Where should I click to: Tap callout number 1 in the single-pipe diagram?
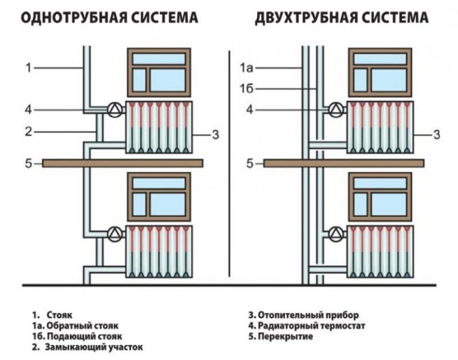click(x=29, y=67)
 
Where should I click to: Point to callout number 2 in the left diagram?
click(x=29, y=130)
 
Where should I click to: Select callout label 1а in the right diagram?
click(x=247, y=67)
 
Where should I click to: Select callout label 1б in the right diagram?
click(x=247, y=88)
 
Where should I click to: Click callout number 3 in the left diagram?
click(x=215, y=135)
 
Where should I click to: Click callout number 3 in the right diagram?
click(x=436, y=135)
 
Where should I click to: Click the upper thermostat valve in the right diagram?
click(x=335, y=109)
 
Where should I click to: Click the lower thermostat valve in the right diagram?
click(x=335, y=232)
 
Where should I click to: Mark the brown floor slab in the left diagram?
click(x=123, y=163)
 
